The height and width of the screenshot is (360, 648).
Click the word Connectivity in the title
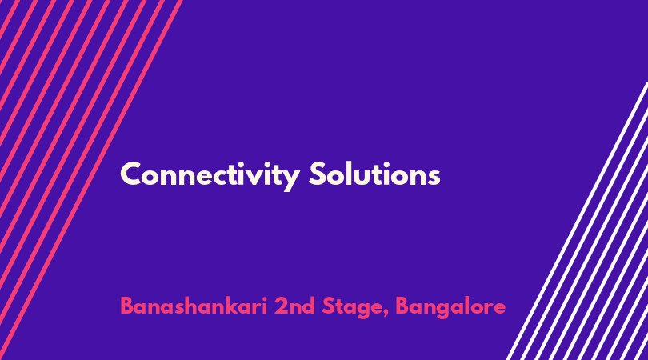click(x=210, y=176)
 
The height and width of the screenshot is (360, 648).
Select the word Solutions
click(x=374, y=174)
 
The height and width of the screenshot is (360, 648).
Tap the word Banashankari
click(x=194, y=306)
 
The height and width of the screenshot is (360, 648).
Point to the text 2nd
click(x=294, y=306)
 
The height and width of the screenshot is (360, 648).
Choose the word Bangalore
click(x=450, y=308)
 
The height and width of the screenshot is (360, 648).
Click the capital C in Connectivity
click(x=131, y=174)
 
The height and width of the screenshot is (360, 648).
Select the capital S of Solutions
click(x=318, y=174)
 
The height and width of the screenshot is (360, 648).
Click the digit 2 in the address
click(x=281, y=306)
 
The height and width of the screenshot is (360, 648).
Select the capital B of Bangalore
click(x=402, y=306)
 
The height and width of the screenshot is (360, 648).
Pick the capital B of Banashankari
click(x=127, y=306)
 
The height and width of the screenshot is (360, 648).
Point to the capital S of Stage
click(x=329, y=306)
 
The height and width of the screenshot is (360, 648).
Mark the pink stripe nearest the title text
click(x=91, y=180)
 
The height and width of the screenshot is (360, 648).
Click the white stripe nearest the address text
click(x=577, y=221)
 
